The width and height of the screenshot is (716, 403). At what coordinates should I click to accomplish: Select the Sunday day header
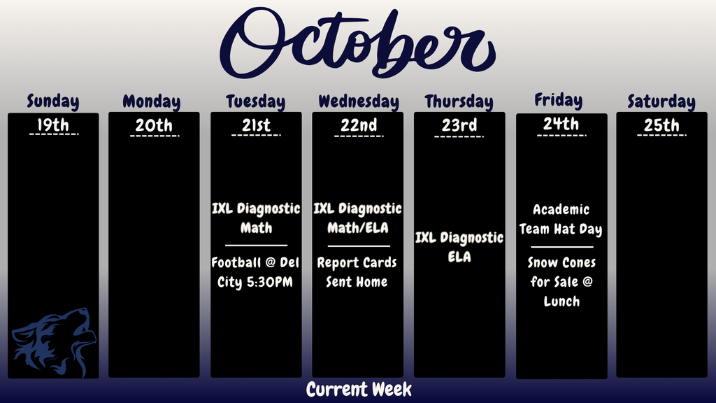[x=53, y=101]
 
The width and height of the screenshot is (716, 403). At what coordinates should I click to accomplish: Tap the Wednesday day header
[x=358, y=101]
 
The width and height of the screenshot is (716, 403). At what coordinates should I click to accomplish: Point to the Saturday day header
[x=661, y=101]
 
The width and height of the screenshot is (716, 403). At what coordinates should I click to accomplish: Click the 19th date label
[x=53, y=125]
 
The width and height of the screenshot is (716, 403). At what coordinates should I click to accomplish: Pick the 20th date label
[x=154, y=125]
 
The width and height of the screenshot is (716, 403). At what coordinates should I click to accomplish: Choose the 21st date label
[x=256, y=125]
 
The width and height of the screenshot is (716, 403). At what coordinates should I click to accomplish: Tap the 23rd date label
[x=459, y=125]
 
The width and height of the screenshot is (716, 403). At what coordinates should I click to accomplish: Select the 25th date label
[x=661, y=125]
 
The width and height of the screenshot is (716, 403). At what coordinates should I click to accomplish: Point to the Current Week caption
[x=359, y=389]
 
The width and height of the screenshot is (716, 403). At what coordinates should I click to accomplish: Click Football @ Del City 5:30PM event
[x=256, y=272]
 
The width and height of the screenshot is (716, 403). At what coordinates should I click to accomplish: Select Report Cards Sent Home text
[x=357, y=272]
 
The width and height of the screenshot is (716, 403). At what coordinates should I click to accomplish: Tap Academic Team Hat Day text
[x=561, y=219]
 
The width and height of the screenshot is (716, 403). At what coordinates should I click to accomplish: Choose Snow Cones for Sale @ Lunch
[x=562, y=282]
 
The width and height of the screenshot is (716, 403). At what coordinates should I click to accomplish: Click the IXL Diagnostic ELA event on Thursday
[x=459, y=247]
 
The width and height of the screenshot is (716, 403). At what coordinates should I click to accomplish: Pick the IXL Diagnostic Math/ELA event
[x=357, y=218]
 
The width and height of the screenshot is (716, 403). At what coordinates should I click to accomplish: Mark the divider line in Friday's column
[x=561, y=246]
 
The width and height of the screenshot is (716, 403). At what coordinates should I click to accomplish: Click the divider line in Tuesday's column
[x=256, y=246]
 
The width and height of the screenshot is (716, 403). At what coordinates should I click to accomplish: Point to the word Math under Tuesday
[x=256, y=228]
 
